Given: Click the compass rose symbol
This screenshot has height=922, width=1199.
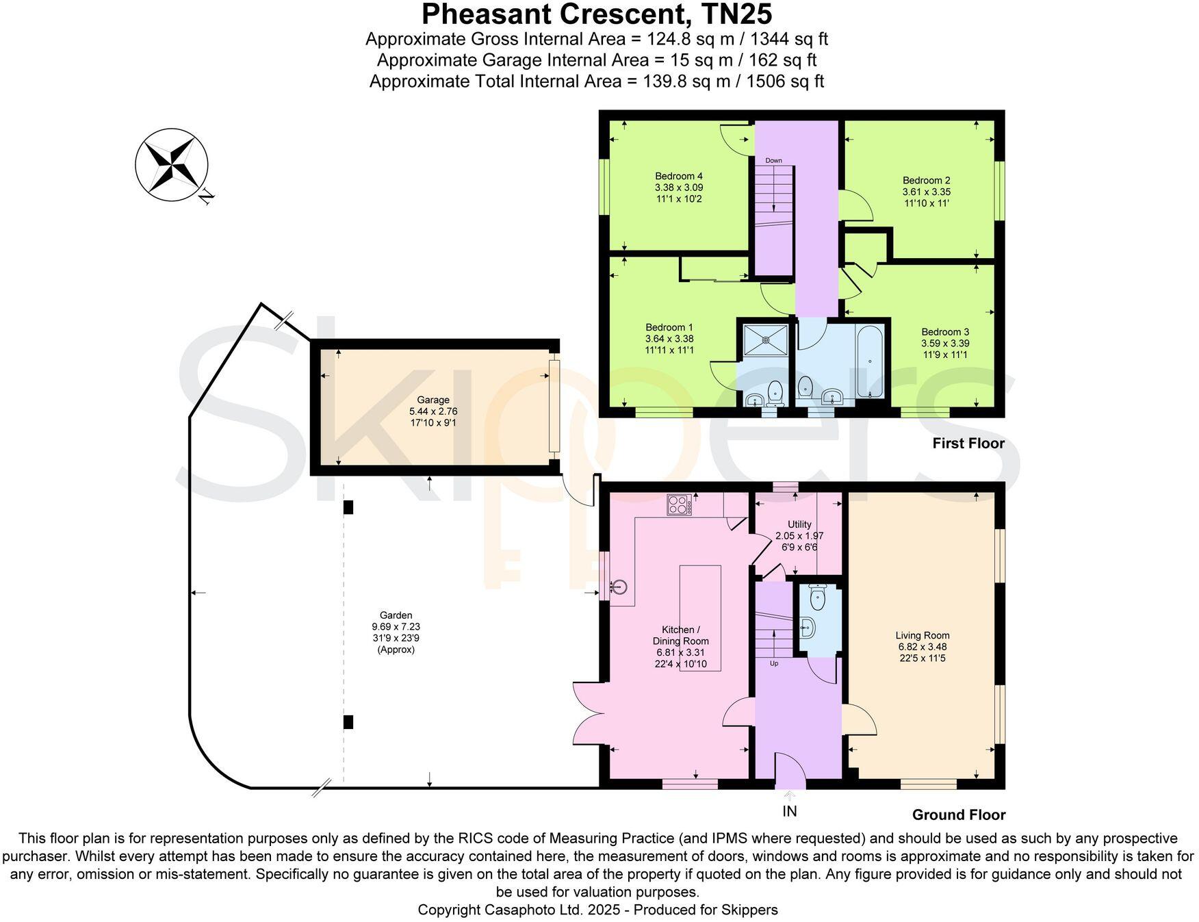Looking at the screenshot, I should (x=171, y=165).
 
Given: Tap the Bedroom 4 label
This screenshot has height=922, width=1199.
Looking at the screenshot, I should (x=678, y=176).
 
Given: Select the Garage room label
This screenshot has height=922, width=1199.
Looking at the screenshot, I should (x=433, y=400).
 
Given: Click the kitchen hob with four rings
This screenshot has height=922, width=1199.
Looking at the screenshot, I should (x=678, y=505).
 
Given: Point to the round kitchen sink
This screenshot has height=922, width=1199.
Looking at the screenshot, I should (x=619, y=587).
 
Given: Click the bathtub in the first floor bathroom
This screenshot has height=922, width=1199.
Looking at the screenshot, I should (x=869, y=361).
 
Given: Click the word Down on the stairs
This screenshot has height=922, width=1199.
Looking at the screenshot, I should (x=773, y=161).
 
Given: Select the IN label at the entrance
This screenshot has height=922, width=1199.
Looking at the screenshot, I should (x=790, y=812).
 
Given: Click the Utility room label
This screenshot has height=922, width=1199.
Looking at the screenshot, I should (x=799, y=524).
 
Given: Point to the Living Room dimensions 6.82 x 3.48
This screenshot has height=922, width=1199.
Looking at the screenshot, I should (x=922, y=646).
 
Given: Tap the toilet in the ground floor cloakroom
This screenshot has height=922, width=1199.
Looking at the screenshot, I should (x=817, y=599).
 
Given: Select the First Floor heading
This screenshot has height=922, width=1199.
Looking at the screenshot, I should (x=968, y=444).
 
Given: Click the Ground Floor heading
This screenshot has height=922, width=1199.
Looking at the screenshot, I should (x=958, y=815).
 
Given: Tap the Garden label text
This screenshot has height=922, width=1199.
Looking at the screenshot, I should (x=396, y=615).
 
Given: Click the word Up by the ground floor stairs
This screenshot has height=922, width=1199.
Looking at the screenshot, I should (x=774, y=663).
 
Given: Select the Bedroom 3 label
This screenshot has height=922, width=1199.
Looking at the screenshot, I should (x=944, y=332).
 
